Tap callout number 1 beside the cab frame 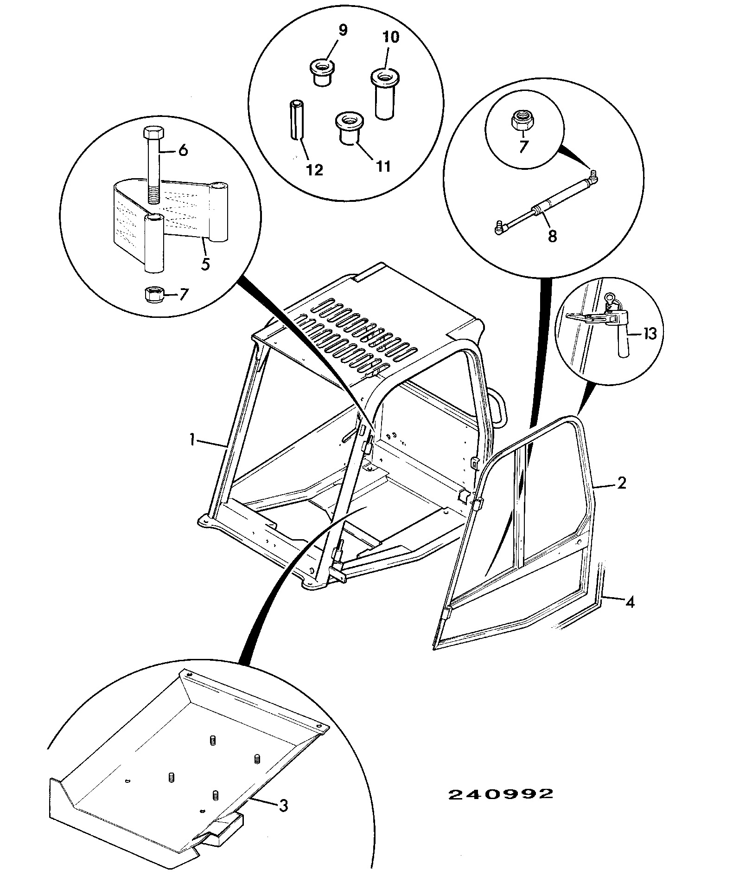191,440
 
